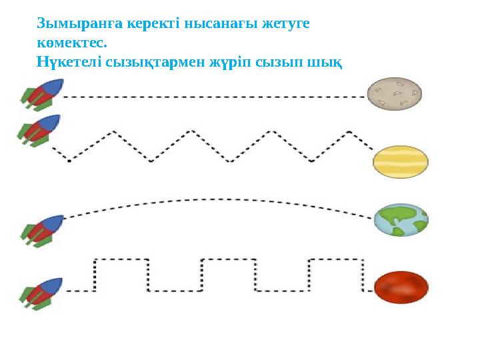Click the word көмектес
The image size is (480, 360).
[72, 43]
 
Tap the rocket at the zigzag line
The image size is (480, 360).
[39, 129]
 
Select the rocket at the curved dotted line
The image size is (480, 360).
[42, 230]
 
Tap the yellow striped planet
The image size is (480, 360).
[400, 162]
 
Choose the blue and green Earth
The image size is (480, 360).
[401, 221]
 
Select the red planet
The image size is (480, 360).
[401, 288]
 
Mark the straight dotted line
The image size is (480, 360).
[213, 97]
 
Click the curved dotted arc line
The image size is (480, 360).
[213, 200]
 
